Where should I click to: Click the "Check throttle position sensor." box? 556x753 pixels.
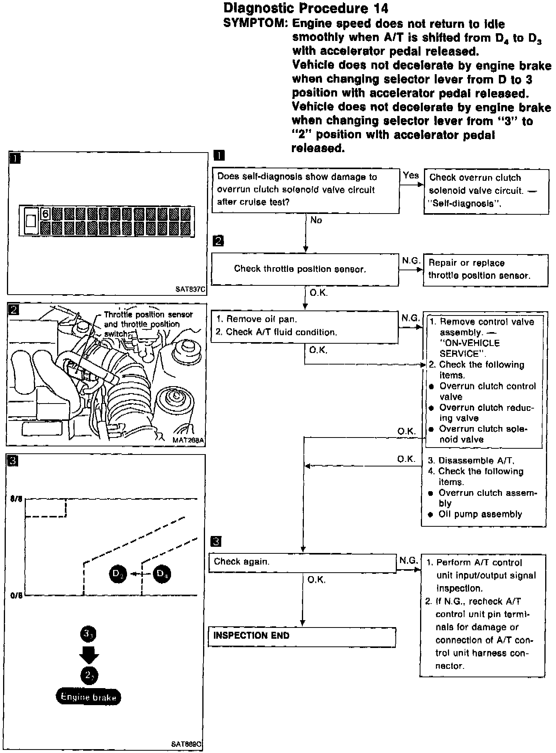click(305, 269)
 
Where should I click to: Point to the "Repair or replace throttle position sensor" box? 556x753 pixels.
click(485, 270)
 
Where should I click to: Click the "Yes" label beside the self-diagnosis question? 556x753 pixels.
click(410, 175)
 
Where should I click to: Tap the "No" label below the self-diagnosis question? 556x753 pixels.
click(316, 220)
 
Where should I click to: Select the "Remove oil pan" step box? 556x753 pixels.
click(304, 326)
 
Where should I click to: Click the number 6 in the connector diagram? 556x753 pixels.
click(46, 214)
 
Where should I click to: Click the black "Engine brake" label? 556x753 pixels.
click(88, 697)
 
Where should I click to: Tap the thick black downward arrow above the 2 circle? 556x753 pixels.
click(89, 656)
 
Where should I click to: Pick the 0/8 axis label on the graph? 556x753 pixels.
click(17, 595)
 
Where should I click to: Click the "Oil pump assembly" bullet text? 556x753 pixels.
click(480, 514)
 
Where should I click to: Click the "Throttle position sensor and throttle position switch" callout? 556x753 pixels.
click(148, 324)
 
